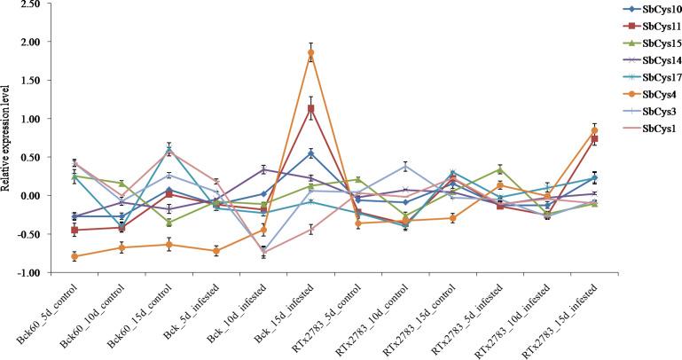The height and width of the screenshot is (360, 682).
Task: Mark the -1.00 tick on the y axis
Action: pos(27,273)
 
